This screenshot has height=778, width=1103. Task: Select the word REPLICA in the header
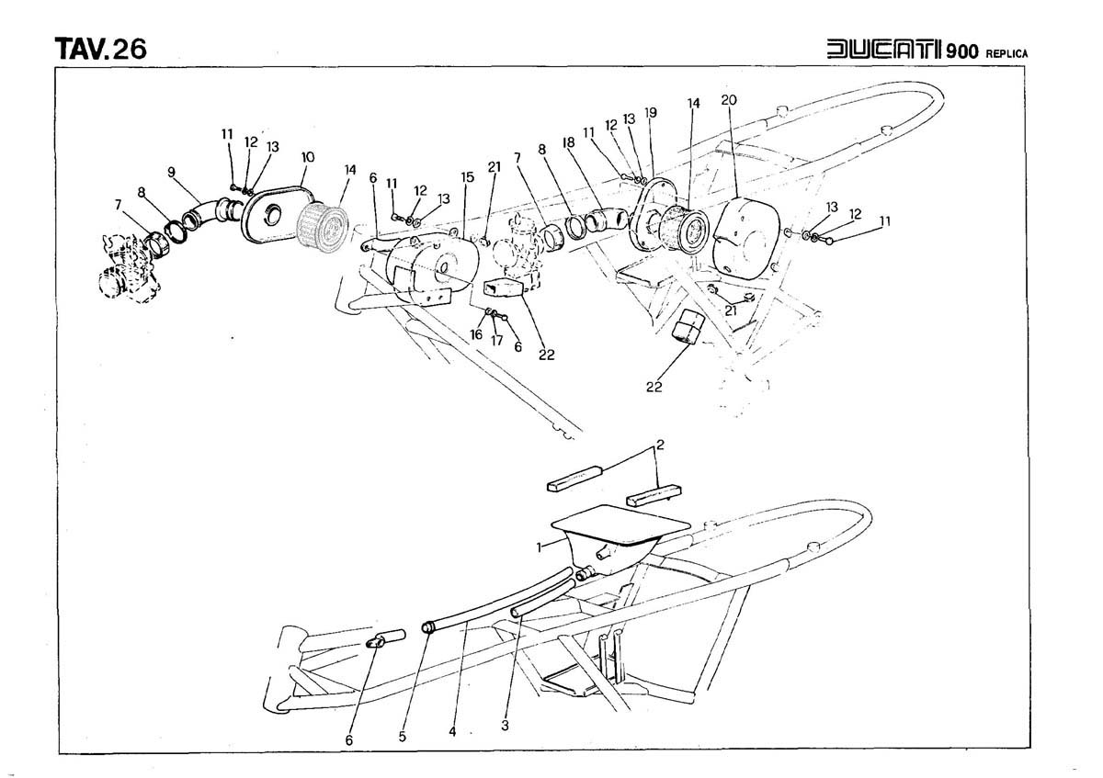[x=1006, y=52]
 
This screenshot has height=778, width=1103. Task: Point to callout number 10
[x=307, y=157]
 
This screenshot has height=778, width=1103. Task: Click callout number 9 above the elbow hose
[x=171, y=171]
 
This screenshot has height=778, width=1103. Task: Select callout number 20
[x=729, y=99]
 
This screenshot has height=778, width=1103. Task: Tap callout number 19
[x=652, y=112]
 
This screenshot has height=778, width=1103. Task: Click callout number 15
[x=467, y=175]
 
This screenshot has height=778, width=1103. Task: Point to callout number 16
[x=476, y=335]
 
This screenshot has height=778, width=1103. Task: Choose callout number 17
[x=495, y=341]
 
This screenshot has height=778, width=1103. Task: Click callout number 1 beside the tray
[x=540, y=545]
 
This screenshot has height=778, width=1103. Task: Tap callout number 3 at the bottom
[x=505, y=725]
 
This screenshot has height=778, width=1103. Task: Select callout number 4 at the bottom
[x=452, y=731]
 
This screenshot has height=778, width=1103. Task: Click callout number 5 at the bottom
[x=401, y=735]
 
